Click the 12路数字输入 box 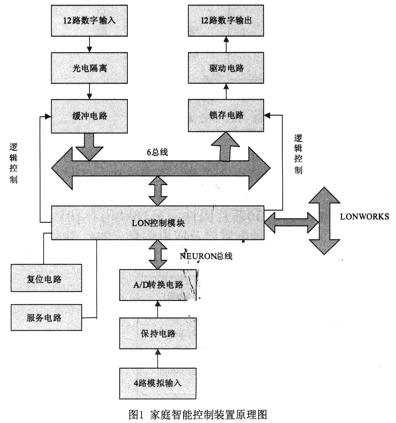[x=89, y=20]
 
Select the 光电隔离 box [x=89, y=68]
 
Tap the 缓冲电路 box [x=89, y=116]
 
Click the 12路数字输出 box [x=226, y=20]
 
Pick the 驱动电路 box [x=226, y=68]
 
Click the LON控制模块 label [x=158, y=223]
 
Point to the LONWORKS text [x=364, y=217]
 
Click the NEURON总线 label [x=206, y=256]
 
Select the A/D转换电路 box [x=158, y=285]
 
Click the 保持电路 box [x=158, y=333]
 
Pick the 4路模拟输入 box [x=158, y=383]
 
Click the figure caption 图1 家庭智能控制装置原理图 [x=198, y=414]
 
